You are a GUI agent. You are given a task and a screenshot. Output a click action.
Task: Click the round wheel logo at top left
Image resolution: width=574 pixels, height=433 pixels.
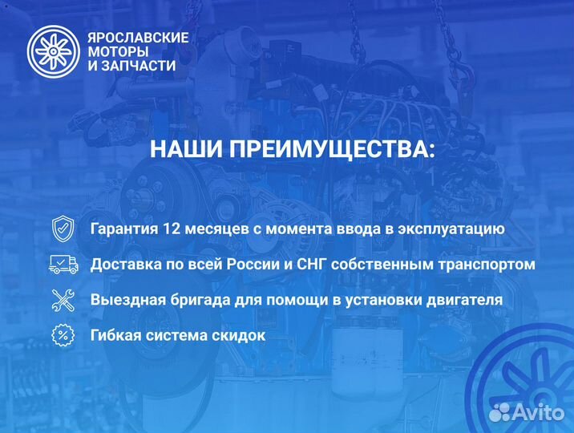tap(52, 51)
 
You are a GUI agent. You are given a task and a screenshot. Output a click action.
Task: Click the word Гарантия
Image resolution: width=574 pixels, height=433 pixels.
tap(124, 229)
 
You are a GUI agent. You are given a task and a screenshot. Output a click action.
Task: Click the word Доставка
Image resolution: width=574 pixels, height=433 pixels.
tap(125, 264)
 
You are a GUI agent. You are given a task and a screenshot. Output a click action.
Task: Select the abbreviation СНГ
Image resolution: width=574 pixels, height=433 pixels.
tap(313, 264)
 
